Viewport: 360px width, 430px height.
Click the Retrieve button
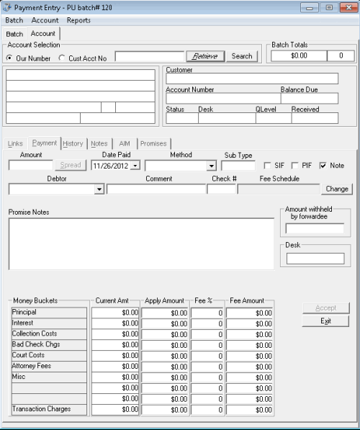[205, 56]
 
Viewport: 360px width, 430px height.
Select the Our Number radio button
[9, 58]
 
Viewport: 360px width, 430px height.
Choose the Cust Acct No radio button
[62, 58]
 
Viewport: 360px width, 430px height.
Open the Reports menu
[78, 20]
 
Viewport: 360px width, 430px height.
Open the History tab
[73, 143]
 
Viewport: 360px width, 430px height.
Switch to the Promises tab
[153, 143]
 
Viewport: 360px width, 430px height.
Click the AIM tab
[125, 143]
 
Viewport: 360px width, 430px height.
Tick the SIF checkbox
[268, 166]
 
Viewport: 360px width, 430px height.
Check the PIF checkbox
[295, 166]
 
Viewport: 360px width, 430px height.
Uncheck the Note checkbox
[323, 166]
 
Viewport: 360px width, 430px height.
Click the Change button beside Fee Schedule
[337, 189]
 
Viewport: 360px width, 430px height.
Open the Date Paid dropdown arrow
[135, 166]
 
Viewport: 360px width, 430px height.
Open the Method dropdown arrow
[210, 166]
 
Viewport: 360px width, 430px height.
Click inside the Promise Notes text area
[140, 243]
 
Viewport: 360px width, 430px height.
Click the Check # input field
[221, 189]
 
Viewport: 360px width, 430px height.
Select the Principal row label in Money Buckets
[49, 313]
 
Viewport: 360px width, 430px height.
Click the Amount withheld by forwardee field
[315, 229]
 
